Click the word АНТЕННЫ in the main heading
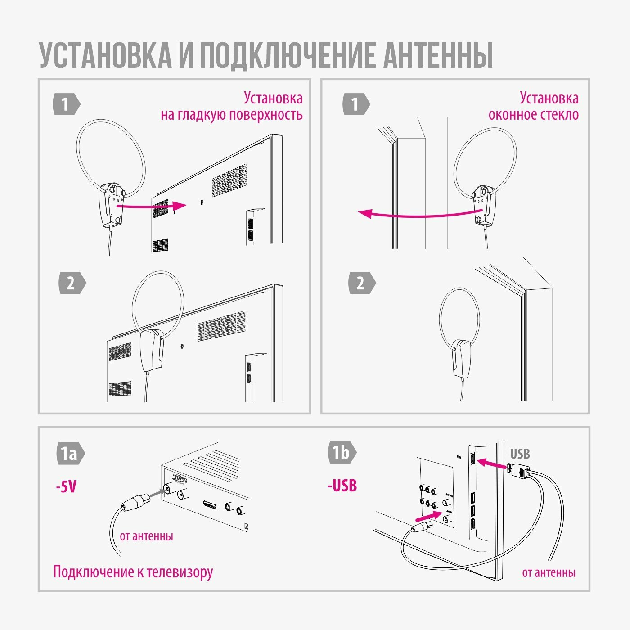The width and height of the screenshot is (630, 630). [438, 56]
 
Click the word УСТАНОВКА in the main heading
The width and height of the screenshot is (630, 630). [105, 56]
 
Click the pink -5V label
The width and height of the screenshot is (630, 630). [66, 486]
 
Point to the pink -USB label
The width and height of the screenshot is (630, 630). [342, 486]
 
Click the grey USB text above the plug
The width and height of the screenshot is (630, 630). [520, 454]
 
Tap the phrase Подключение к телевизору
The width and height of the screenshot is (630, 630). [133, 572]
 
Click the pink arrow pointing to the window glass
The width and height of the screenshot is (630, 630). [418, 214]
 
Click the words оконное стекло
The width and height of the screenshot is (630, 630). [533, 115]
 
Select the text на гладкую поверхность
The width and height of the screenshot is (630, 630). [231, 115]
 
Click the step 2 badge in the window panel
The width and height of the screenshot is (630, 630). [361, 283]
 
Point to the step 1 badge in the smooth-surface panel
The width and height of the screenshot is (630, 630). [66, 104]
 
